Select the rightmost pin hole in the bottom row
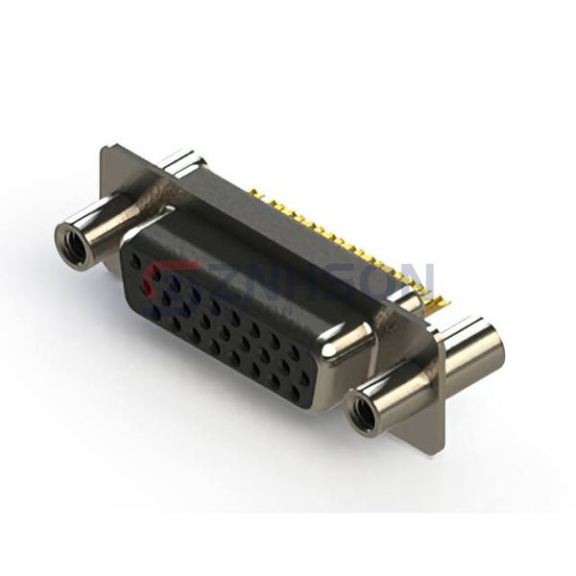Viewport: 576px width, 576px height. [306, 380]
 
